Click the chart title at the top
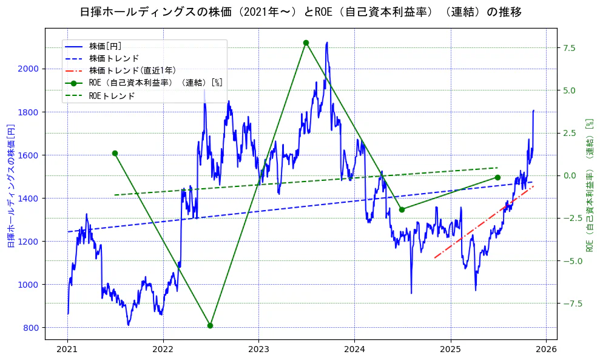pyautogui.click(x=300, y=12)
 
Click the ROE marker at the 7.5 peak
pyautogui.click(x=306, y=42)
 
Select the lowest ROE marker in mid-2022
pyautogui.click(x=210, y=325)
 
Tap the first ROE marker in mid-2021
pyautogui.click(x=115, y=153)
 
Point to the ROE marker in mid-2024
pyautogui.click(x=402, y=209)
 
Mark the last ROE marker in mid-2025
pyautogui.click(x=497, y=177)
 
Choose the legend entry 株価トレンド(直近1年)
pyautogui.click(x=132, y=70)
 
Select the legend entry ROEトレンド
pyautogui.click(x=112, y=95)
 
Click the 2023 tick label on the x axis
pyautogui.click(x=258, y=349)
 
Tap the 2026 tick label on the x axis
pyautogui.click(x=546, y=349)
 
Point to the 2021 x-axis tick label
pyautogui.click(x=67, y=349)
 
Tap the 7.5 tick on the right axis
pyautogui.click(x=568, y=48)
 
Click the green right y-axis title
pyautogui.click(x=588, y=185)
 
